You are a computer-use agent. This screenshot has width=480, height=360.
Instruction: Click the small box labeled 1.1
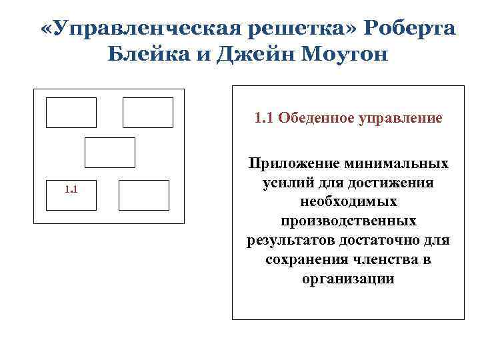click(71, 195)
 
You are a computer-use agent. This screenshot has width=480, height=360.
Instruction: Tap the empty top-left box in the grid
click(71, 112)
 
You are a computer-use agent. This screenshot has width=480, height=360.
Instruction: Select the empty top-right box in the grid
click(148, 112)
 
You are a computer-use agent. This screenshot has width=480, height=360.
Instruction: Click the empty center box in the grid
click(110, 153)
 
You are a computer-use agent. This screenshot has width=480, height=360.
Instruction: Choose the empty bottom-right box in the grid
click(144, 195)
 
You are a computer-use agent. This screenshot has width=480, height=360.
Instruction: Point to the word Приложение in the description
click(293, 163)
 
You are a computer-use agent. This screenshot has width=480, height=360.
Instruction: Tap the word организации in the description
click(347, 279)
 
